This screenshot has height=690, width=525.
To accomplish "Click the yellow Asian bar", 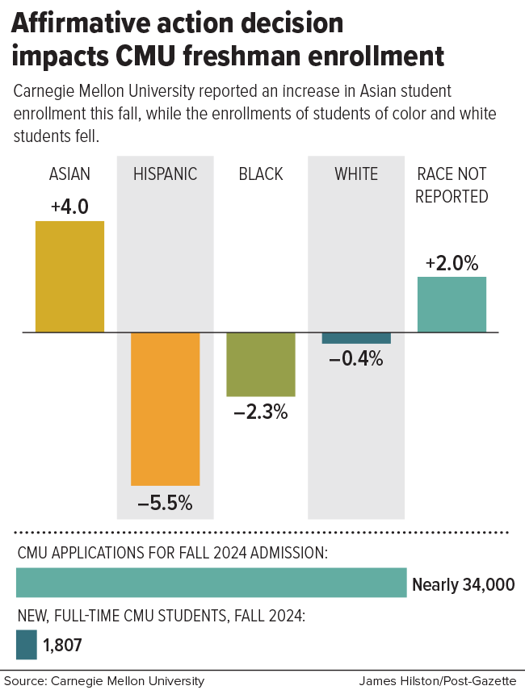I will tap(69, 276).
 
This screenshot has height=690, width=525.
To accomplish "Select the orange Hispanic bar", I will tap(165, 408).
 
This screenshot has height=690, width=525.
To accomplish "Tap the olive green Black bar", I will tap(260, 364).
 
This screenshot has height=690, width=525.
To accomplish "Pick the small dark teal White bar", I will tap(356, 338).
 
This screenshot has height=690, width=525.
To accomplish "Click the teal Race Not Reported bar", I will tap(451, 304).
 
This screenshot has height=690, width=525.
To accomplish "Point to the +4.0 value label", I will tap(69, 207).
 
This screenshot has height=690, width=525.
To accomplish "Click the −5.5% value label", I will tap(165, 504).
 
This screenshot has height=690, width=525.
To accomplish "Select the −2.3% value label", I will tap(260, 412).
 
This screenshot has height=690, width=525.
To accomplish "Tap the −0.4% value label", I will tap(355, 359).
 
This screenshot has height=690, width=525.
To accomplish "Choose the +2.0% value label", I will tap(451, 263).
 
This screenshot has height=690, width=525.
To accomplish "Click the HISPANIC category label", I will tap(165, 174).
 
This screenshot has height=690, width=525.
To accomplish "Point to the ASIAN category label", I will tap(69, 174).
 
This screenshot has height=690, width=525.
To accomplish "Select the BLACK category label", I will tap(261, 174).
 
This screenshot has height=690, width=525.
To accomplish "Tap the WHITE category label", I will tap(356, 174).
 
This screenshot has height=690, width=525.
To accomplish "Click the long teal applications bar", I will tap(211, 583).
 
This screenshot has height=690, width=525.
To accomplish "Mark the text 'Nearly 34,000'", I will tap(463, 585).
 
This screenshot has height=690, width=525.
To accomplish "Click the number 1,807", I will tap(62, 645).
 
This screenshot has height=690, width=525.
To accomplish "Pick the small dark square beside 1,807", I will tap(27, 645).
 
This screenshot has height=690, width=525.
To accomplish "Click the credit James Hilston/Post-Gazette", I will tap(438, 681).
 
